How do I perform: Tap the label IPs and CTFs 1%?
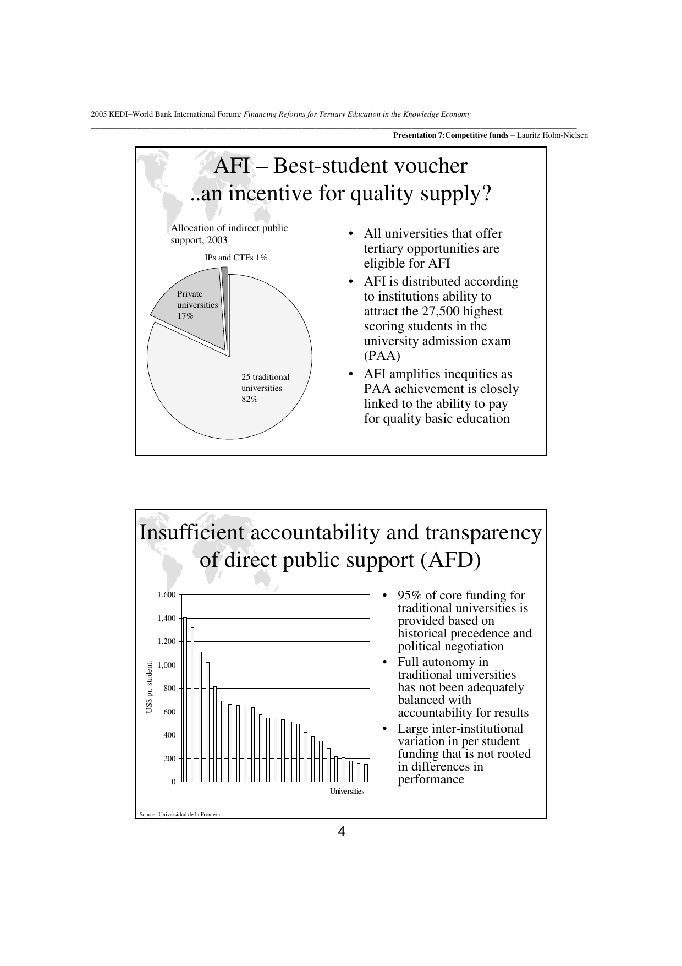pyautogui.click(x=235, y=258)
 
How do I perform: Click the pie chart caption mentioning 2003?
pyautogui.click(x=229, y=234)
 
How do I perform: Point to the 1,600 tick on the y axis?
pyautogui.click(x=166, y=595)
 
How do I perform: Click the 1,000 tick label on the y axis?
pyautogui.click(x=166, y=665)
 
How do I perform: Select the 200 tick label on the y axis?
pyautogui.click(x=169, y=758)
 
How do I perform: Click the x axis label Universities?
pyautogui.click(x=347, y=792)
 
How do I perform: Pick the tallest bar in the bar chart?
pyautogui.click(x=185, y=699)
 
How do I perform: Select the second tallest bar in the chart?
pyautogui.click(x=193, y=705)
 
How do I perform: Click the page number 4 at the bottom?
pyautogui.click(x=341, y=832)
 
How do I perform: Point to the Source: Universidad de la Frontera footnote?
pyautogui.click(x=180, y=815)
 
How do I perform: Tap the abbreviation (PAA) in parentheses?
pyautogui.click(x=382, y=356)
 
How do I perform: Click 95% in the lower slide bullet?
pyautogui.click(x=410, y=596)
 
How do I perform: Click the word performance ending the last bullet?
pyautogui.click(x=431, y=779)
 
